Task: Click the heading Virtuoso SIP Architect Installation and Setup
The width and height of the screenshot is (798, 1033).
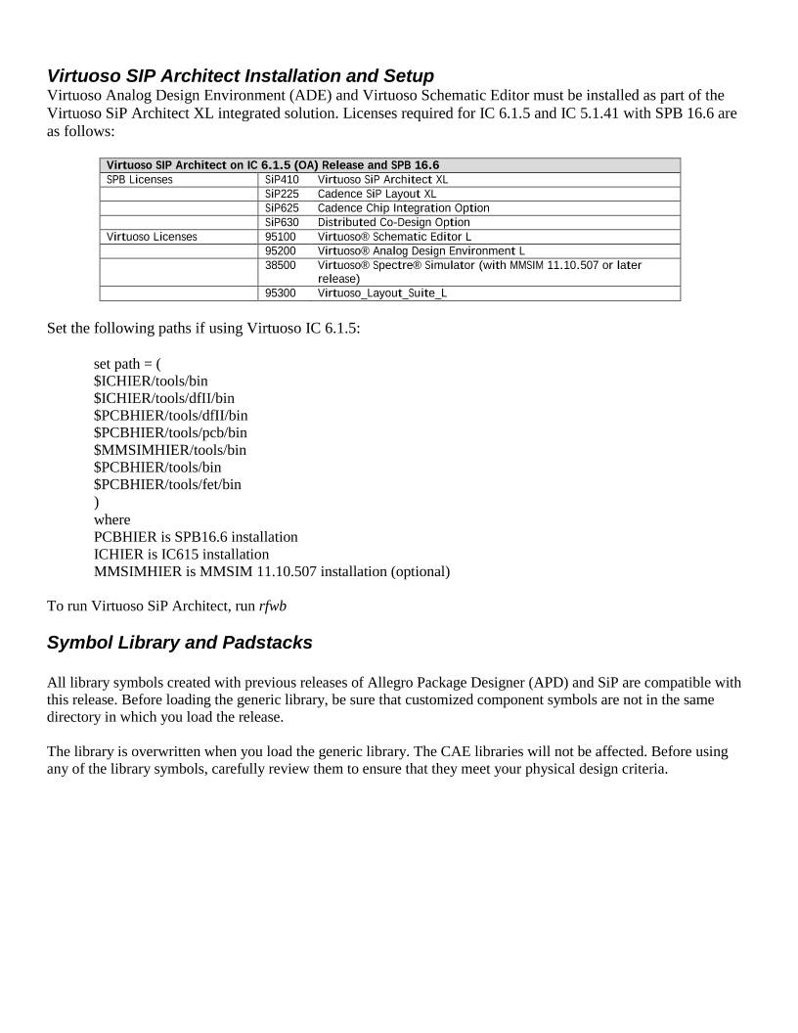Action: tap(241, 75)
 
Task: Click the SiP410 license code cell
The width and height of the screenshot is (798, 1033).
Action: tap(282, 180)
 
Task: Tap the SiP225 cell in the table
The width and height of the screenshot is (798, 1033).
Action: tap(282, 194)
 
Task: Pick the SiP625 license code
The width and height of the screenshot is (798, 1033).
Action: tap(282, 208)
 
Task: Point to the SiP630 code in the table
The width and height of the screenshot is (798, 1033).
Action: tap(282, 222)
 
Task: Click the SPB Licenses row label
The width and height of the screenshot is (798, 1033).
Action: tap(139, 180)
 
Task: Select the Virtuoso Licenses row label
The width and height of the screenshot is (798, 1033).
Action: tap(151, 237)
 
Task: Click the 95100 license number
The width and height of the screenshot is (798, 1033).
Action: tap(281, 237)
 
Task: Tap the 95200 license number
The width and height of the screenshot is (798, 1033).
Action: tap(281, 250)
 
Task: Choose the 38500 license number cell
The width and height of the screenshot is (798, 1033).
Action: tap(281, 265)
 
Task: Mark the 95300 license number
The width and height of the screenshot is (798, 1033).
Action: tap(281, 293)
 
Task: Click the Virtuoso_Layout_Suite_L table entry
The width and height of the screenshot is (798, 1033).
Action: tap(382, 293)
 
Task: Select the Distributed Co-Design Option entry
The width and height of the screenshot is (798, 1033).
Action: tap(394, 222)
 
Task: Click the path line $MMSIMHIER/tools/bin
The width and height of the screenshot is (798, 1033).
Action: tap(170, 450)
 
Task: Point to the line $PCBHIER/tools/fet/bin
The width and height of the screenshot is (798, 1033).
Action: tap(167, 485)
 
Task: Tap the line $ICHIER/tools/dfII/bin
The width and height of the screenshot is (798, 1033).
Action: tap(164, 398)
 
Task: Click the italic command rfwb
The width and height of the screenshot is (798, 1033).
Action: tap(273, 606)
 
